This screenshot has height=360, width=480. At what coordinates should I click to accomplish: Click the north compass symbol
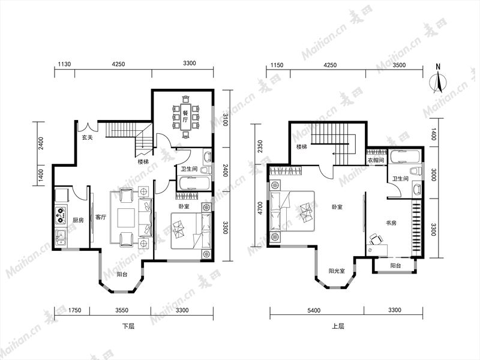pos(438,82)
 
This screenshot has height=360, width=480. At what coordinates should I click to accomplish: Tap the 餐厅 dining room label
pos(185,116)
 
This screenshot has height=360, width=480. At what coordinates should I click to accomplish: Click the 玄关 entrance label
pos(87,138)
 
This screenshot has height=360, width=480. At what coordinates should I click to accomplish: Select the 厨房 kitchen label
pos(78,220)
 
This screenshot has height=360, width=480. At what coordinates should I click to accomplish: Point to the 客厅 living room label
pos(101,217)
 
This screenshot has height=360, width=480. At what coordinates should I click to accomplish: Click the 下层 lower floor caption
pos(128,326)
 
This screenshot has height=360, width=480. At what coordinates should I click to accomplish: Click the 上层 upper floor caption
pos(338,326)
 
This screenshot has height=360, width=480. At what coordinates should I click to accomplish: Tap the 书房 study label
pos(391,223)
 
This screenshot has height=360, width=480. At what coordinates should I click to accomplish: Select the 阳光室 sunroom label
pos(337,271)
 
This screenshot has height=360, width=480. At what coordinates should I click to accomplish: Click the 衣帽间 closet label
pos(376,160)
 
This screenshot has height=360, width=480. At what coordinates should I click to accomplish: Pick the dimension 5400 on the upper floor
pos(314,310)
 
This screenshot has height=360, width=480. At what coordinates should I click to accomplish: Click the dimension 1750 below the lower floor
pos(74,310)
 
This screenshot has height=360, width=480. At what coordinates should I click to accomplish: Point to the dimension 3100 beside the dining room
pos(226,119)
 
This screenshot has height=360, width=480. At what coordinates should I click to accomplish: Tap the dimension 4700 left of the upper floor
pos(260,208)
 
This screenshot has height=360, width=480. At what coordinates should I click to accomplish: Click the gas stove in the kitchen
pos(61,215)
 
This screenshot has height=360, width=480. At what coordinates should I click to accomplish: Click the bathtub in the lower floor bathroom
pos(194,184)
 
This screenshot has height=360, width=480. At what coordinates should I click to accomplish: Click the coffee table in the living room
pos(126,218)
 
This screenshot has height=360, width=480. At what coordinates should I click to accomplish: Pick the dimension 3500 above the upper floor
pos(399,65)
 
